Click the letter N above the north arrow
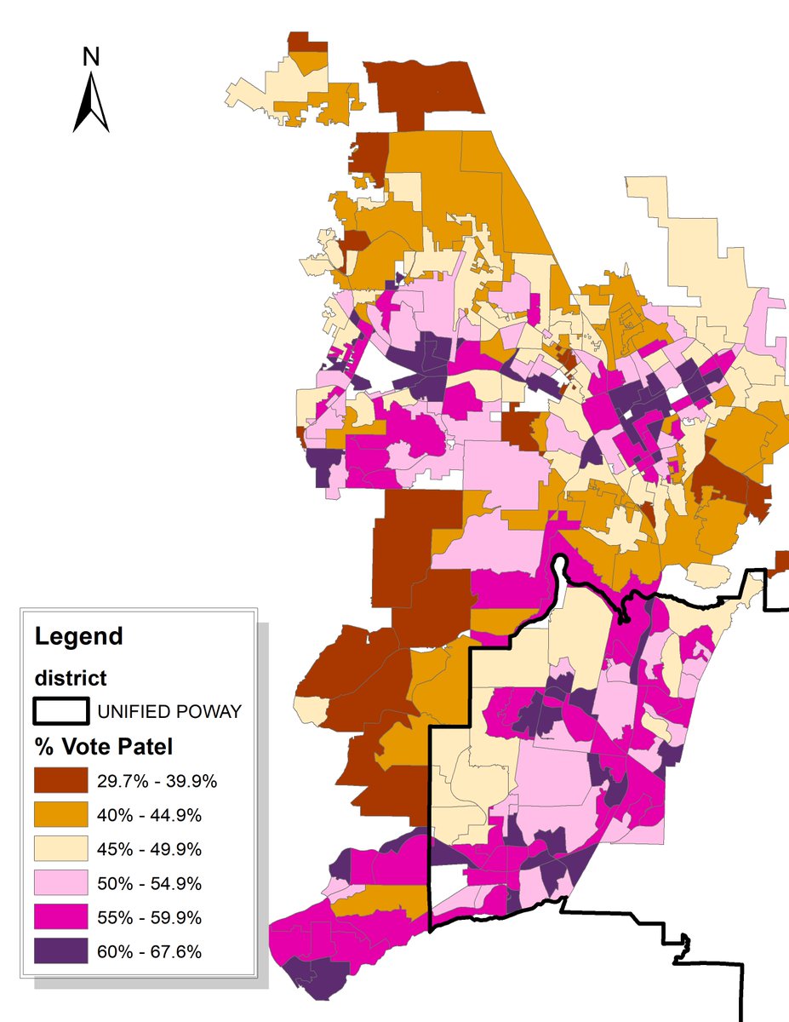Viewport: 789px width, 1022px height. [91, 57]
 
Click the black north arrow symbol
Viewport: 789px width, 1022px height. [91, 103]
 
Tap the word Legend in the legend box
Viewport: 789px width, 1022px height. [78, 635]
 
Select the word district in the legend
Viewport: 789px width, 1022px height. [71, 679]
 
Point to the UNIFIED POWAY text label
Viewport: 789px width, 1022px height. [169, 711]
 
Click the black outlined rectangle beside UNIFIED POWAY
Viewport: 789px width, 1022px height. [61, 711]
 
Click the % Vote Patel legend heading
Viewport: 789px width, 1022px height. [103, 747]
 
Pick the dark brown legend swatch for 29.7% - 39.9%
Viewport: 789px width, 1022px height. [61, 780]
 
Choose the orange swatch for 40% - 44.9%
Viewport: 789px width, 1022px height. [61, 815]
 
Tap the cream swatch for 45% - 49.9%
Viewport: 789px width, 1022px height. [61, 849]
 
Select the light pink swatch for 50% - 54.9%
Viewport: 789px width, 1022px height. [61, 883]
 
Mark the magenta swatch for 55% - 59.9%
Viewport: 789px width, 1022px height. [61, 917]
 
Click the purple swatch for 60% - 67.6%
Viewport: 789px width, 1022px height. [61, 951]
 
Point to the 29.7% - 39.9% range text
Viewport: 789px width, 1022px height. [157, 781]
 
